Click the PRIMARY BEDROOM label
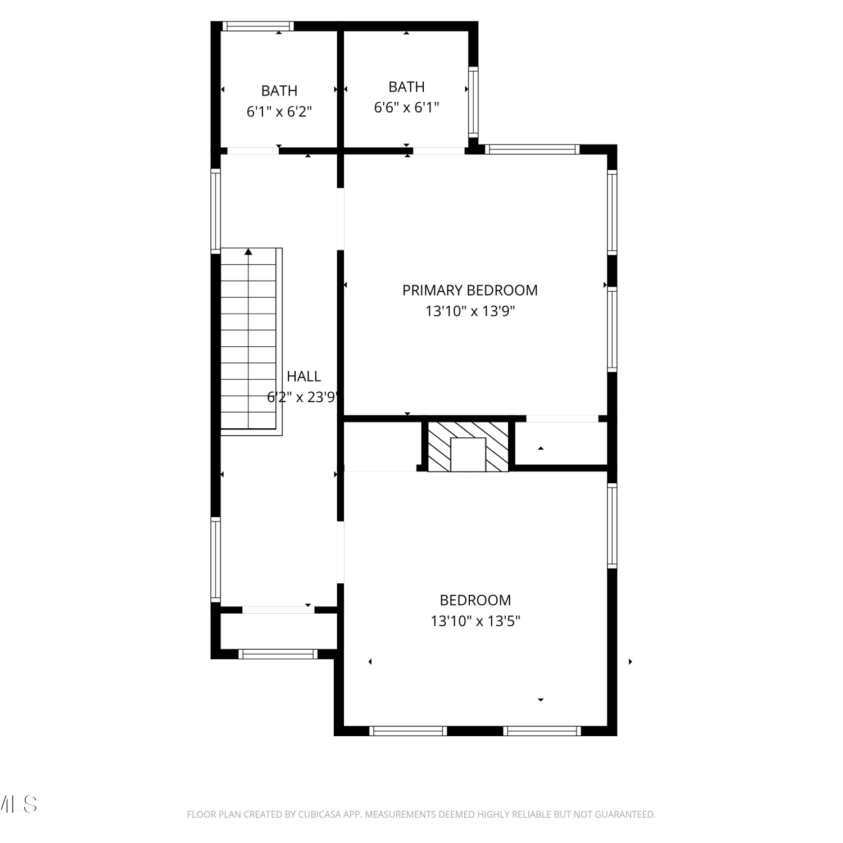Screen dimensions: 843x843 coord(470,291)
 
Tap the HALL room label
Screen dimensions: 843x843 coord(303,377)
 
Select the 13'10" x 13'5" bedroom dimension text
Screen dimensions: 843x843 coord(475,621)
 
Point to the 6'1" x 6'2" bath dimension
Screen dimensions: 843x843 coord(279,111)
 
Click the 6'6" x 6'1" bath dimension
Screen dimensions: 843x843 coord(406,107)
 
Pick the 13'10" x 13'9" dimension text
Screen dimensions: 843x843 coord(470,311)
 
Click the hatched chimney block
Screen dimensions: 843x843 coord(468,447)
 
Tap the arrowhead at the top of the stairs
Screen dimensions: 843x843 coord(248,252)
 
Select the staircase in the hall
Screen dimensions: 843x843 coord(251,341)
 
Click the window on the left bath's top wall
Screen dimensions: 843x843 coord(259,26)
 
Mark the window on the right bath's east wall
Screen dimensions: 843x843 coord(473,102)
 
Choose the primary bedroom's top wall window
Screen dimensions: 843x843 coord(532,149)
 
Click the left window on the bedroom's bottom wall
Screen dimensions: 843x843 coord(408,731)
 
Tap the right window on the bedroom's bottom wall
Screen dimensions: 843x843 coord(542,731)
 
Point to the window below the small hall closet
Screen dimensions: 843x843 coord(278,654)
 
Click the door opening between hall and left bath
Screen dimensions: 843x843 coord(253,151)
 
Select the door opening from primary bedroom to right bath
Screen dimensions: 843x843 coord(439,151)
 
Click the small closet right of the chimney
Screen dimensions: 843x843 coord(561,443)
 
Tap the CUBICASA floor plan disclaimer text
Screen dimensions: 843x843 coord(422,814)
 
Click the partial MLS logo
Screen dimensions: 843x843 coord(19,804)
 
